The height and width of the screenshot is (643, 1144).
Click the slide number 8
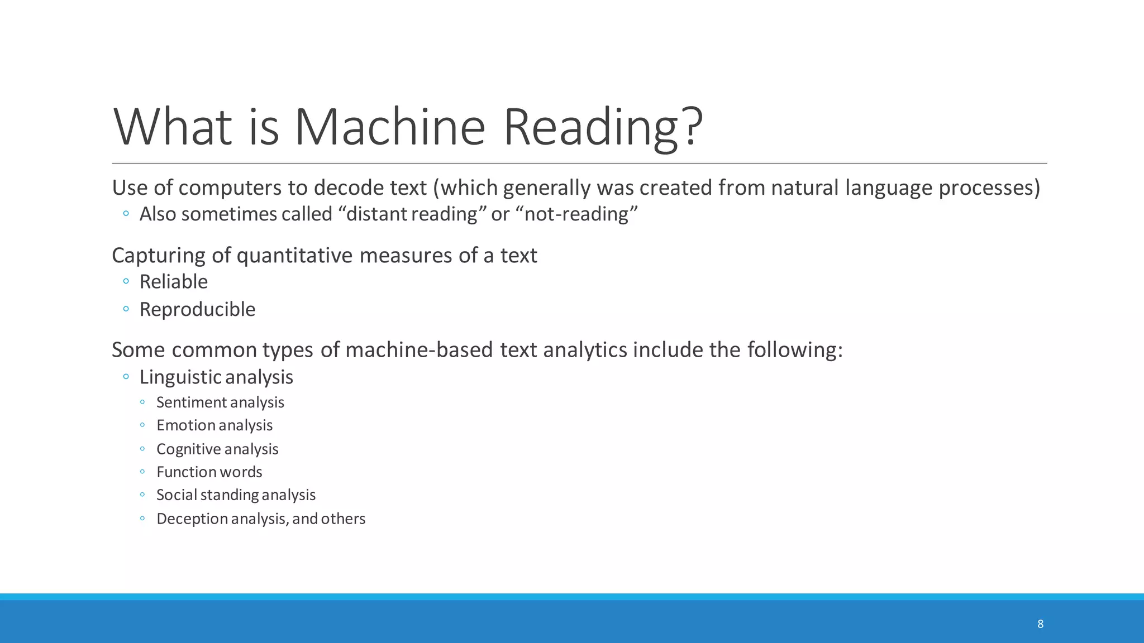point(1040,624)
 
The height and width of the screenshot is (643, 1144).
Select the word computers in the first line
point(230,188)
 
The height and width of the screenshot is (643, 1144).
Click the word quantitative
point(295,256)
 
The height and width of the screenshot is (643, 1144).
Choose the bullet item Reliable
point(174,282)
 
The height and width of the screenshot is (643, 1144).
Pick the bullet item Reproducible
point(197,309)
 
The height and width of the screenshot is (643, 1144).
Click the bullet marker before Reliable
point(126,281)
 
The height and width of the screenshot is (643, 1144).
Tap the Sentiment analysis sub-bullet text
point(220,402)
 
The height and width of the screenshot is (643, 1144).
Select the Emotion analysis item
point(214,425)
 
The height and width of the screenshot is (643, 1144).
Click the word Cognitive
point(188,449)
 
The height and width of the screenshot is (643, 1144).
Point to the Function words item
point(209,472)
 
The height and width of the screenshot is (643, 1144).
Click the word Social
point(177,495)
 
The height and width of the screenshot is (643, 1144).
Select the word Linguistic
point(181,377)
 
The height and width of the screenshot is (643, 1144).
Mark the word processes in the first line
point(989,188)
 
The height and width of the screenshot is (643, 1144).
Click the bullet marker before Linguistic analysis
point(126,377)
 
